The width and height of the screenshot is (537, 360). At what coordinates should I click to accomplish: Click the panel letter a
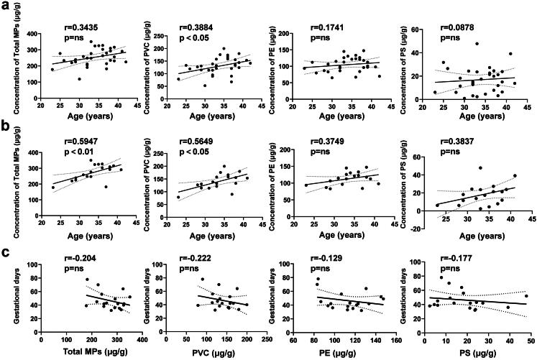click(6, 6)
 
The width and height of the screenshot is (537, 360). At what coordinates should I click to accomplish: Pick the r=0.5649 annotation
click(208, 131)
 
